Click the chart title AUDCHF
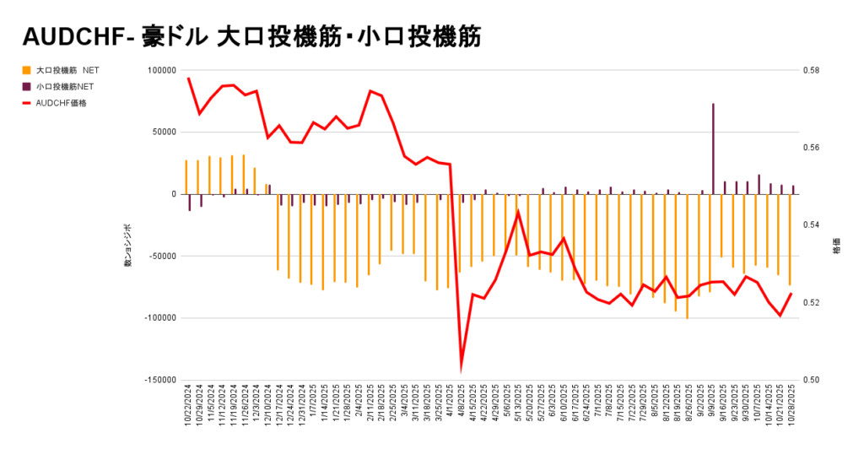[x=73, y=36]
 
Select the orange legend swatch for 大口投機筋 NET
[x=27, y=71]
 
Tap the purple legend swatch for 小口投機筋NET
[x=27, y=86]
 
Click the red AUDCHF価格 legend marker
[x=27, y=103]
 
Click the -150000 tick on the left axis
[x=159, y=380]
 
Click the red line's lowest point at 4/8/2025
[x=461, y=365]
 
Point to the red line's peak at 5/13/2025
[x=517, y=212]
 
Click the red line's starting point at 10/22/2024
[x=188, y=78]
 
